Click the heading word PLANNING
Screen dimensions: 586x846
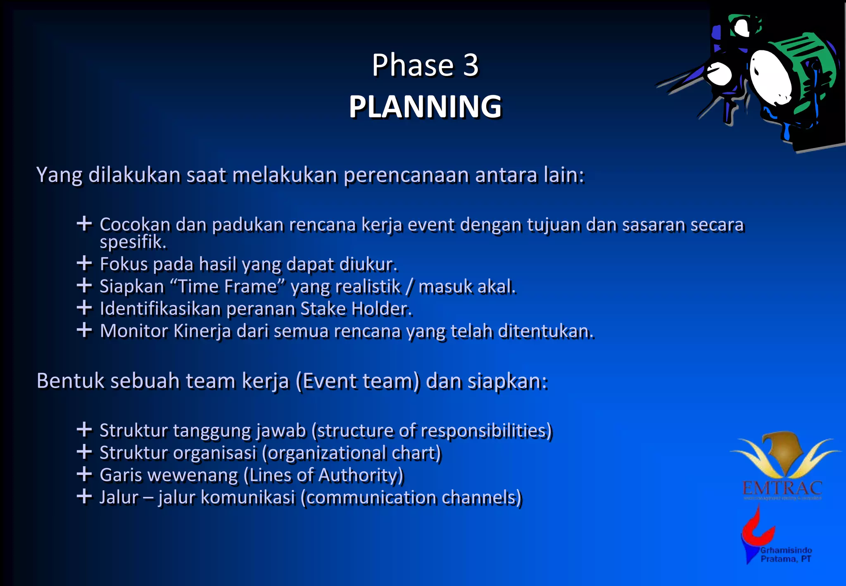[425, 107]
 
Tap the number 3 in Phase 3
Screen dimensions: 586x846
[471, 65]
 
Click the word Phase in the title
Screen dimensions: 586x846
[413, 65]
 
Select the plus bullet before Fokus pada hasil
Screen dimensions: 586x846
[84, 263]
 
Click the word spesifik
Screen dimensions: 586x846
[132, 242]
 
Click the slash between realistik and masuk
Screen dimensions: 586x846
[409, 286]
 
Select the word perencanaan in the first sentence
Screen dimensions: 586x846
[406, 175]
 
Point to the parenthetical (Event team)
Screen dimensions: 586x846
[357, 381]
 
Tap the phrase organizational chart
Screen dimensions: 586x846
[352, 453]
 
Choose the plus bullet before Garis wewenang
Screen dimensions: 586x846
[84, 474]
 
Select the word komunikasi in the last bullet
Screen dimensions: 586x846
[248, 498]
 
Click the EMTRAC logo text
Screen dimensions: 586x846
[782, 488]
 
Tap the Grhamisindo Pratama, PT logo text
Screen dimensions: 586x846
[786, 555]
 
